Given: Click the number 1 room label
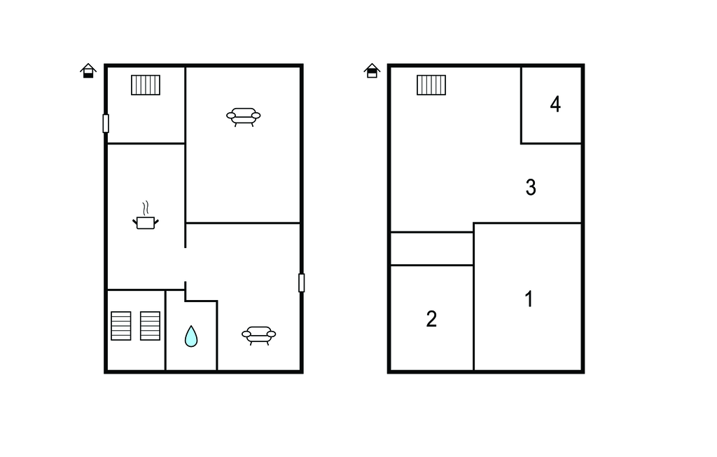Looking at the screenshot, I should [x=529, y=299].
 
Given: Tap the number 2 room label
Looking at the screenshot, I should [x=431, y=319].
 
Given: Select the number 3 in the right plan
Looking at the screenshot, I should [x=531, y=187].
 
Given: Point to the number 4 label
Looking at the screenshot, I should [x=555, y=104].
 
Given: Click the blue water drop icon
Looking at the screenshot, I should [x=191, y=336].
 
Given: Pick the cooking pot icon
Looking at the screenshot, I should [x=146, y=222].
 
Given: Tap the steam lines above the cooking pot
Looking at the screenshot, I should [x=146, y=208].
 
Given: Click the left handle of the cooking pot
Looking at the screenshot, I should [x=135, y=221].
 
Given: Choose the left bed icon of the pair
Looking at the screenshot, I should [x=121, y=326].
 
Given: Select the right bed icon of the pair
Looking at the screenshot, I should [x=150, y=326].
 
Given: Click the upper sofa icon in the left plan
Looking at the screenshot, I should [x=244, y=116].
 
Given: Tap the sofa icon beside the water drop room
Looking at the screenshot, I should [x=258, y=335].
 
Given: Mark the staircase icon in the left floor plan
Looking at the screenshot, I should [x=146, y=85].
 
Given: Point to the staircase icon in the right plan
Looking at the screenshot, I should [x=431, y=85].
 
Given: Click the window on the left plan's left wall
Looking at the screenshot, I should [x=106, y=123].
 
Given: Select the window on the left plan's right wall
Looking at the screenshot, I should [x=302, y=282].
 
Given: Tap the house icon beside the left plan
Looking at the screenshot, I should [x=88, y=70].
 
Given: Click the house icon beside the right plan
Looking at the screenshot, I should [x=372, y=70].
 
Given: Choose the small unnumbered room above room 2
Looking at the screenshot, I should [x=431, y=248].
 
